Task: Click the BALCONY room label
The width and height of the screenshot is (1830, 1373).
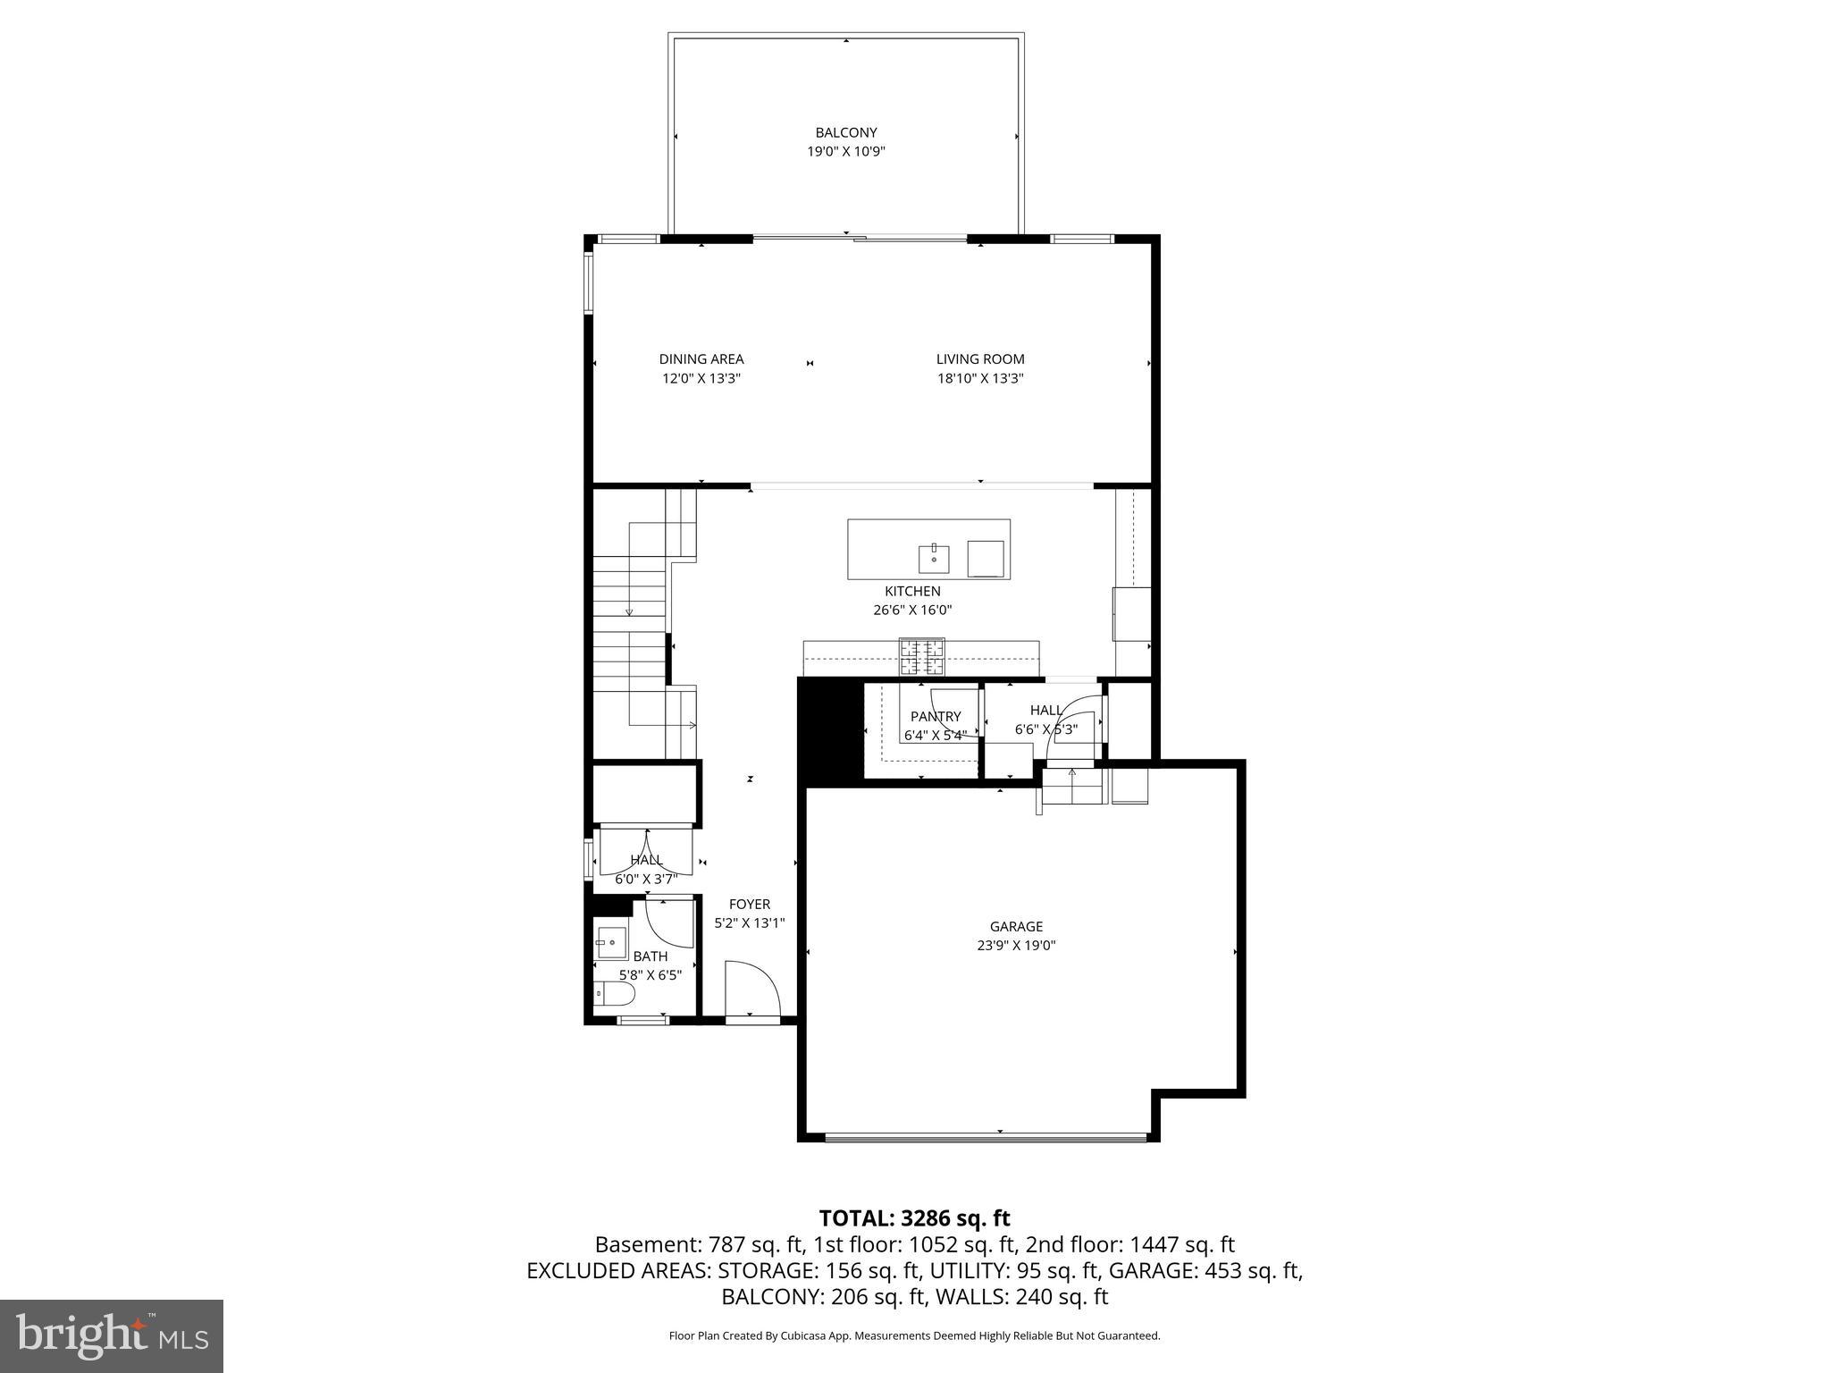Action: (845, 132)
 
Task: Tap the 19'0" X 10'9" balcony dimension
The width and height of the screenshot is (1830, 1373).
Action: (845, 152)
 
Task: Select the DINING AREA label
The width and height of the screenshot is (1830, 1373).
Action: (701, 359)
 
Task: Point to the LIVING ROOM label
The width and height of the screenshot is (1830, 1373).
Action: (979, 359)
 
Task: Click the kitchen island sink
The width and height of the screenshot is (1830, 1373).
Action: (934, 559)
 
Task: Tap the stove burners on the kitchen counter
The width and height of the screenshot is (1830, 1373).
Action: (921, 657)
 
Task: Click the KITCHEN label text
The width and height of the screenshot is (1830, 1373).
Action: (912, 591)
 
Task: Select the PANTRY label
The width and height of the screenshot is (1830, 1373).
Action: (935, 717)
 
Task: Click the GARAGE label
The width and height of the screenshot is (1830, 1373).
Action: (1016, 927)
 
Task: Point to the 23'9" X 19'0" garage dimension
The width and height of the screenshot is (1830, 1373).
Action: (1016, 946)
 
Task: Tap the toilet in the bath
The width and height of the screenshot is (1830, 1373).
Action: (615, 995)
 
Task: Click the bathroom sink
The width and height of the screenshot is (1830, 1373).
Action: (612, 942)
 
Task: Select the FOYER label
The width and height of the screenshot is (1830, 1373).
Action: (749, 905)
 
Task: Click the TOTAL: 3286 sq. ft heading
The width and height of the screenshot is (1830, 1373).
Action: (914, 1217)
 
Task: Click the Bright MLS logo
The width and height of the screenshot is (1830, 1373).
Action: (112, 1335)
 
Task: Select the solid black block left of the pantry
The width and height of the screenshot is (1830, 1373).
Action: (828, 730)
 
